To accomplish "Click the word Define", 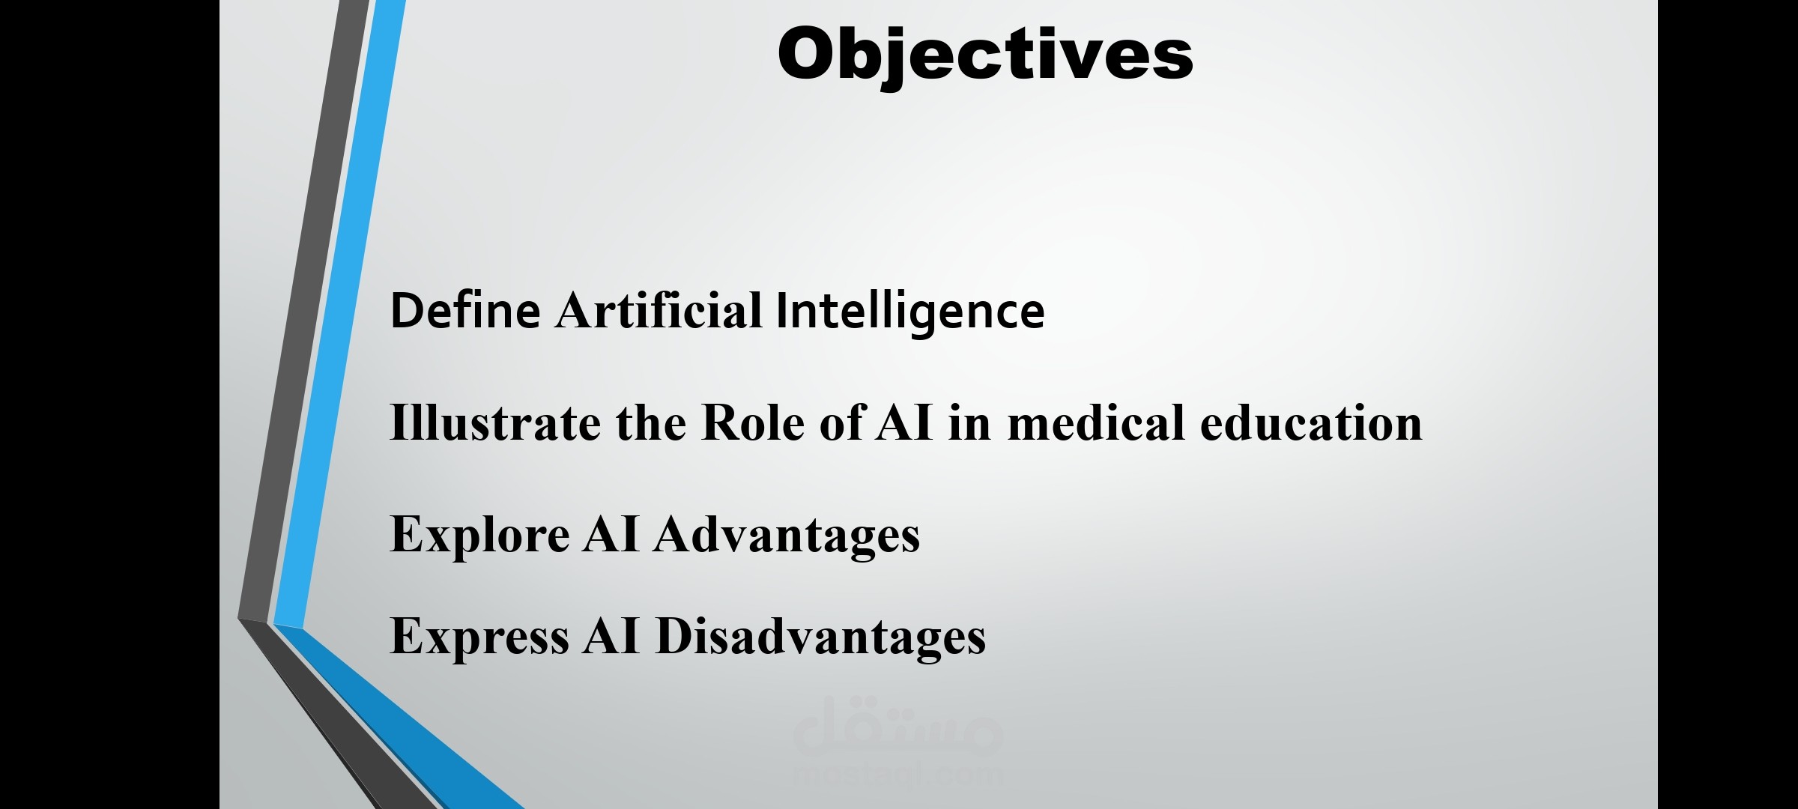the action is pyautogui.click(x=465, y=310).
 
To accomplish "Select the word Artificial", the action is pyautogui.click(x=659, y=310).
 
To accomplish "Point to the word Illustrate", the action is pyautogui.click(x=495, y=423).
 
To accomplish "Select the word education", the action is pyautogui.click(x=1311, y=423).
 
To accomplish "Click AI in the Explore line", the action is pyautogui.click(x=611, y=535).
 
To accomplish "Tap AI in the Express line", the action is pyautogui.click(x=611, y=636).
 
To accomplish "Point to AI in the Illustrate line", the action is pyautogui.click(x=905, y=423).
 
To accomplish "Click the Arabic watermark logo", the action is pyautogui.click(x=898, y=725).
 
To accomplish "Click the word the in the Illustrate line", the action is pyautogui.click(x=651, y=423).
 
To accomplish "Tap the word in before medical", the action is pyautogui.click(x=970, y=423).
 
